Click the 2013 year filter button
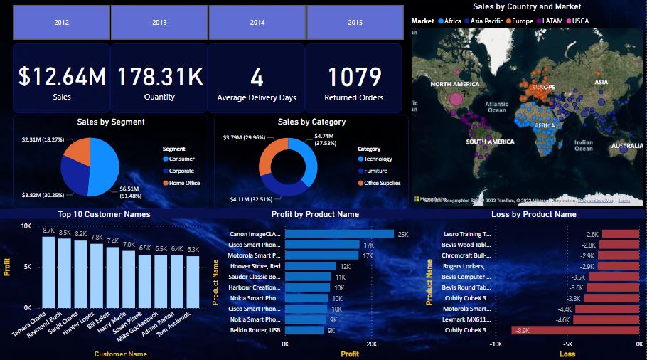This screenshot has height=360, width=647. pyautogui.click(x=159, y=23)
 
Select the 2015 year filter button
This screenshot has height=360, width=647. pyautogui.click(x=355, y=23)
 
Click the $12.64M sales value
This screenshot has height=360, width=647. pyautogui.click(x=62, y=77)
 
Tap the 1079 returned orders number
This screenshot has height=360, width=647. pyautogui.click(x=354, y=77)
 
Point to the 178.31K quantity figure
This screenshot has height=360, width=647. pyautogui.click(x=159, y=77)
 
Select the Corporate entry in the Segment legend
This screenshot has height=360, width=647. pyautogui.click(x=181, y=171)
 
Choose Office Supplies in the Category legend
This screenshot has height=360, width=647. pyautogui.click(x=382, y=183)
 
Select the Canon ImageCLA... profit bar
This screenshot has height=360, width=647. pyautogui.click(x=340, y=233)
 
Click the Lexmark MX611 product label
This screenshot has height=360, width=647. pyautogui.click(x=466, y=319)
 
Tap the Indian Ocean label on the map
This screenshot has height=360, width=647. pyautogui.click(x=583, y=145)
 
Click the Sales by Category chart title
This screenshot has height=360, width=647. pyautogui.click(x=311, y=122)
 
